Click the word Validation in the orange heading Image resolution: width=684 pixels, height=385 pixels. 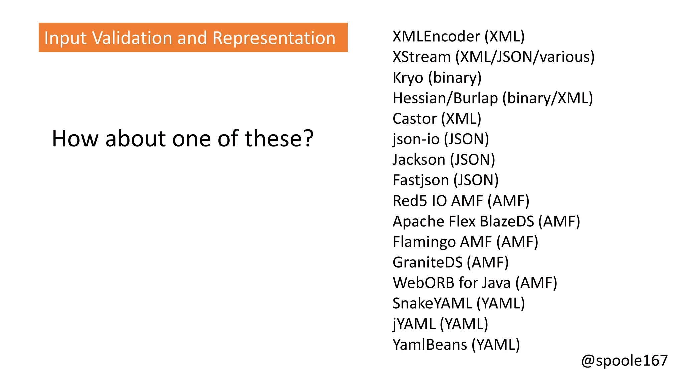[x=132, y=38]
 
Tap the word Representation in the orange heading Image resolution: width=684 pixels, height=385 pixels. [x=274, y=38]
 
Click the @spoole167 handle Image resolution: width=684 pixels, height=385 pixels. [x=624, y=361]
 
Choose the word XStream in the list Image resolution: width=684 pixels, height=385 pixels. [x=421, y=57]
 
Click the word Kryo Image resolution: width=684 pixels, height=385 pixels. [x=408, y=78]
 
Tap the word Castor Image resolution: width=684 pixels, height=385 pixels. [x=414, y=119]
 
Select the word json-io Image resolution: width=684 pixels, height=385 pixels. [x=416, y=139]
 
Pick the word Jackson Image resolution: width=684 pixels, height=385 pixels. [x=419, y=160]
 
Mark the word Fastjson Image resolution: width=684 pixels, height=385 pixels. [x=420, y=180]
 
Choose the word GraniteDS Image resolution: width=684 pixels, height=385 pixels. [x=427, y=262]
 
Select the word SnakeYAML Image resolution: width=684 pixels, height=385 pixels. [x=432, y=303]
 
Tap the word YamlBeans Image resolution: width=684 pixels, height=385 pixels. [x=430, y=345]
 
